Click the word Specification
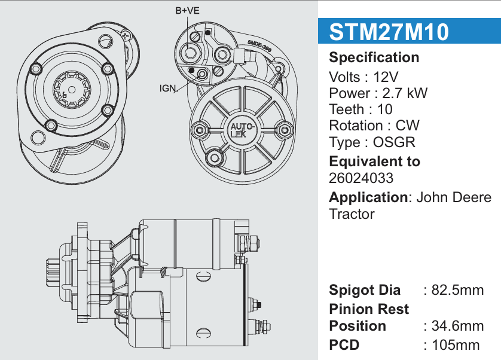(x=374, y=58)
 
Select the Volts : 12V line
(x=363, y=77)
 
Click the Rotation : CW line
(x=374, y=126)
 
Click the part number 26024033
(x=361, y=178)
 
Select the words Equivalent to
(x=374, y=161)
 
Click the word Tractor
(x=352, y=214)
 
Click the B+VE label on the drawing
(x=187, y=11)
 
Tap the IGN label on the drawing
(x=168, y=89)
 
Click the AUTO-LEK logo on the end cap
(x=242, y=130)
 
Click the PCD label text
(x=343, y=345)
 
